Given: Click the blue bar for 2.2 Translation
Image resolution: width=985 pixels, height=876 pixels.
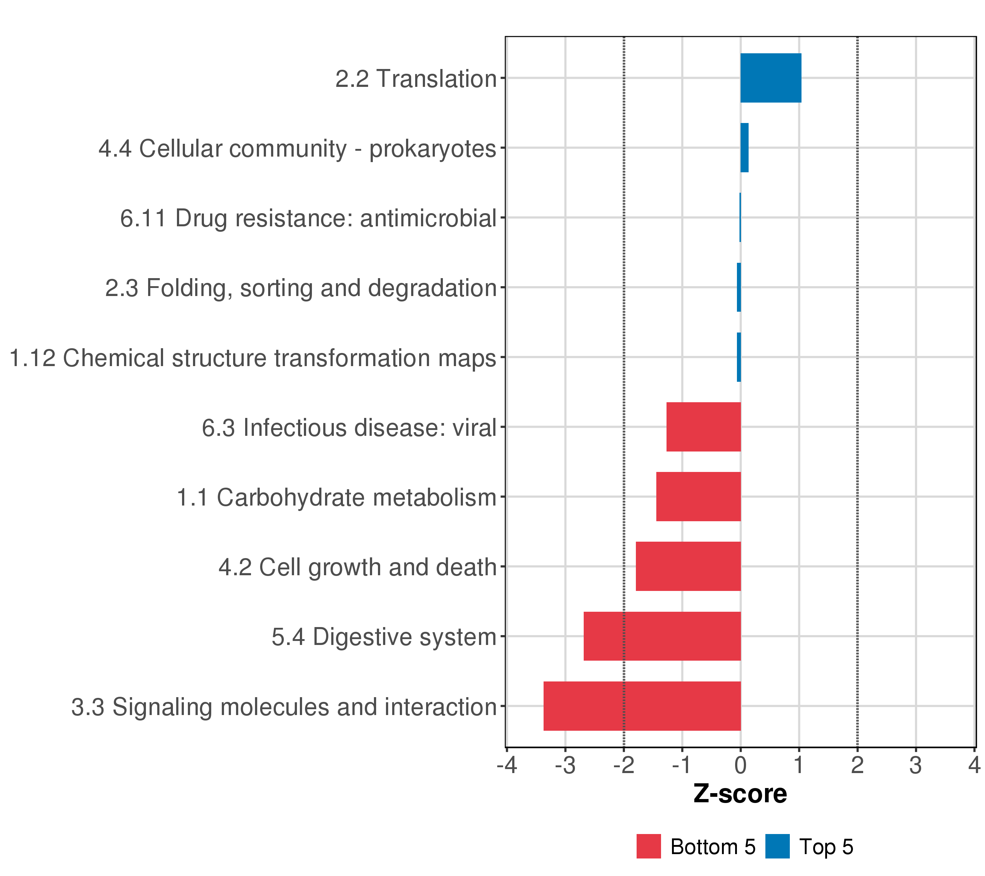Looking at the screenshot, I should [770, 78].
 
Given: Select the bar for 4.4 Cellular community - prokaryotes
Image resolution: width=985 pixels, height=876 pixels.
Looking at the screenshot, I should [745, 147].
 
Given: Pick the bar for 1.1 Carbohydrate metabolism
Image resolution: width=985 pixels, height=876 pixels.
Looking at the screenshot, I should [698, 496].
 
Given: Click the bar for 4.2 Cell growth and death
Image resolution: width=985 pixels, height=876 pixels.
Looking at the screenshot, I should [688, 566].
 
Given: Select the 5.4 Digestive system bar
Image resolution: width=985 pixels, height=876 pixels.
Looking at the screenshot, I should [662, 636].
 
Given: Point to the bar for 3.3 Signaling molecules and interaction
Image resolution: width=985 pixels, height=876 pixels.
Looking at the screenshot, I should [642, 706].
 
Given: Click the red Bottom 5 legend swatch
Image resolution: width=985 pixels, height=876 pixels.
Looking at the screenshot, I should [648, 846].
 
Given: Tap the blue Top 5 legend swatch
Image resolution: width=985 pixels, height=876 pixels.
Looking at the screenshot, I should [777, 846].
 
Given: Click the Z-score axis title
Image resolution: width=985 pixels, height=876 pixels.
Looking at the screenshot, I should [740, 794].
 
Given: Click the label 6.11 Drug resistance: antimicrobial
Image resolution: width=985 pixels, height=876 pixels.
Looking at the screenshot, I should [308, 218].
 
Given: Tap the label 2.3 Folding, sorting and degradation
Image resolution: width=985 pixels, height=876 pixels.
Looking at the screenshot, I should [301, 288].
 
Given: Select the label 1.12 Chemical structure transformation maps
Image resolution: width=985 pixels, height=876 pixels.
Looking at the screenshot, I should [252, 358].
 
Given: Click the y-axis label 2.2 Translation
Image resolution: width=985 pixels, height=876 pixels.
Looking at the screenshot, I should [416, 78].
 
